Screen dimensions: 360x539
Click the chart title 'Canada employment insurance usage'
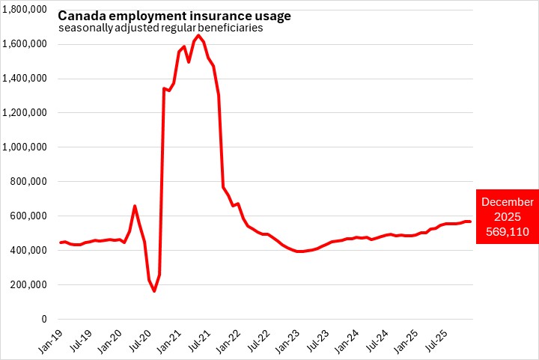coord(174,16)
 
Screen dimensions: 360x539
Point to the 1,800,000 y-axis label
coord(25,10)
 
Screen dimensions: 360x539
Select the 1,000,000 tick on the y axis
coord(25,147)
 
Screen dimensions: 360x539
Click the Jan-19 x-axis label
coord(49,341)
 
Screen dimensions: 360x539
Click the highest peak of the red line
coord(198,35)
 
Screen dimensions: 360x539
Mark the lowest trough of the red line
coord(154,291)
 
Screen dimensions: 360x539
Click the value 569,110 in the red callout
coord(508,232)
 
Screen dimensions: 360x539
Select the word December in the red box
coord(508,202)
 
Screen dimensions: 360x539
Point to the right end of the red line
coord(470,222)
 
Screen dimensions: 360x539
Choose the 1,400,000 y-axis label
coord(25,79)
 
